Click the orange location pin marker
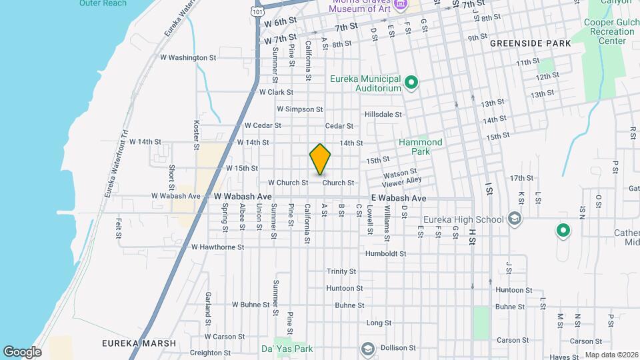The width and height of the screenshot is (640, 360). coord(321,159)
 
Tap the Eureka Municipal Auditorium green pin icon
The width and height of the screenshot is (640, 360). coord(411,83)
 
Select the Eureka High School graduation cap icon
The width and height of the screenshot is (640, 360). coord(514,219)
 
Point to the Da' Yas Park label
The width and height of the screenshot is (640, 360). coord(287,348)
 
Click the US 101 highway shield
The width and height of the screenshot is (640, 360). coord(257,11)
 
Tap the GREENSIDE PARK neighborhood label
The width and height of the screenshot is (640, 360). coord(530,43)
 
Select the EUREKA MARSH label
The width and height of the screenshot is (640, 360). coord(139,343)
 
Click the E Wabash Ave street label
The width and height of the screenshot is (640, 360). coord(399,198)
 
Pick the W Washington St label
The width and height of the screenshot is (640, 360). coord(188,57)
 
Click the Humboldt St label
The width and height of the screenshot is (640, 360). coord(385,254)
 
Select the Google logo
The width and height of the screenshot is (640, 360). coord(22,352)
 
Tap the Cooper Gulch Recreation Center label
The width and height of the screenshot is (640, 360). coord(608,31)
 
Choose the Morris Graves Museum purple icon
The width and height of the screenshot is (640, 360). coord(400,5)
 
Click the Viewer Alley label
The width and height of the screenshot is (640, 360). coord(403,180)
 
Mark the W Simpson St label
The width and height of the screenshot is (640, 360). coord(299,109)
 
